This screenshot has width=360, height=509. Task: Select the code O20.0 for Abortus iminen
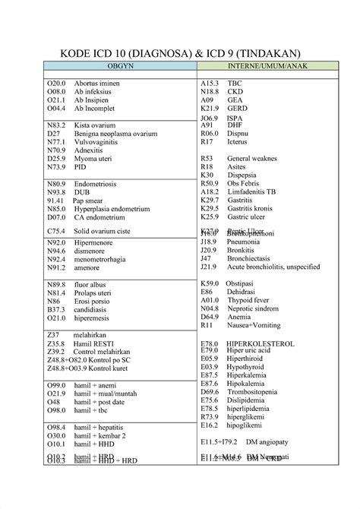tap(57, 82)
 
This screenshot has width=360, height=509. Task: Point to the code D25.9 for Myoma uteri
tap(57, 158)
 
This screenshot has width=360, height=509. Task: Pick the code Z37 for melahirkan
tap(53, 335)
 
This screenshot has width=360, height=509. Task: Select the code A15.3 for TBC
tap(210, 82)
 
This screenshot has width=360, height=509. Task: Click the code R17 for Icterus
tap(207, 142)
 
